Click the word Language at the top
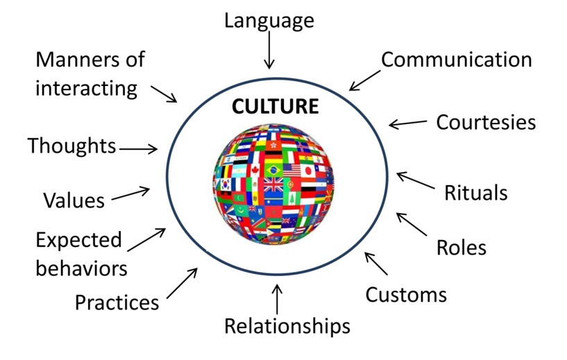(269, 21)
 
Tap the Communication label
(456, 60)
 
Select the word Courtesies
(486, 123)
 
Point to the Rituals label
(475, 192)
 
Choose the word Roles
(461, 248)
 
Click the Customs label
(406, 295)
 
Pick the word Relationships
(287, 325)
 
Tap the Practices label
(117, 302)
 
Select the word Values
(74, 200)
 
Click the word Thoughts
(71, 146)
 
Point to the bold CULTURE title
(275, 107)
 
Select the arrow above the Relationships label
(278, 299)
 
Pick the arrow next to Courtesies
(408, 123)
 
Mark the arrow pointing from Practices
(182, 284)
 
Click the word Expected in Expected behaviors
(78, 241)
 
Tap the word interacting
(86, 88)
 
